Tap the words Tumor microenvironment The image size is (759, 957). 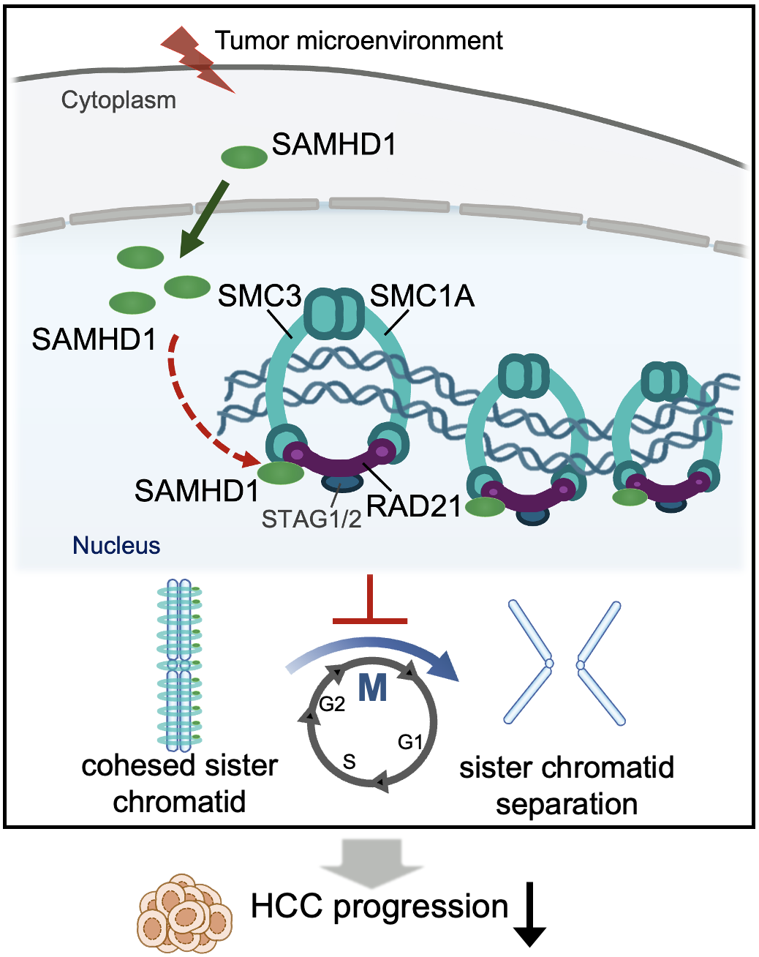click(358, 40)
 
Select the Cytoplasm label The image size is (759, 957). click(118, 100)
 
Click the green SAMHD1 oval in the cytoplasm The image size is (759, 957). click(244, 157)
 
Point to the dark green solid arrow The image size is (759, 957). click(204, 219)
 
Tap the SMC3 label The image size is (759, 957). click(259, 296)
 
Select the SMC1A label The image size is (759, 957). click(422, 296)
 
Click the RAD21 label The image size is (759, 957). click(413, 506)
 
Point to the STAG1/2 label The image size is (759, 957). click(311, 519)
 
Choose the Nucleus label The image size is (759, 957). click(116, 545)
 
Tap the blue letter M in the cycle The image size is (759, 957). click(372, 688)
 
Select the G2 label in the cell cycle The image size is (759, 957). click(332, 704)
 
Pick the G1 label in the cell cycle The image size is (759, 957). click(410, 742)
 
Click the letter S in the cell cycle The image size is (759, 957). click(350, 762)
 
